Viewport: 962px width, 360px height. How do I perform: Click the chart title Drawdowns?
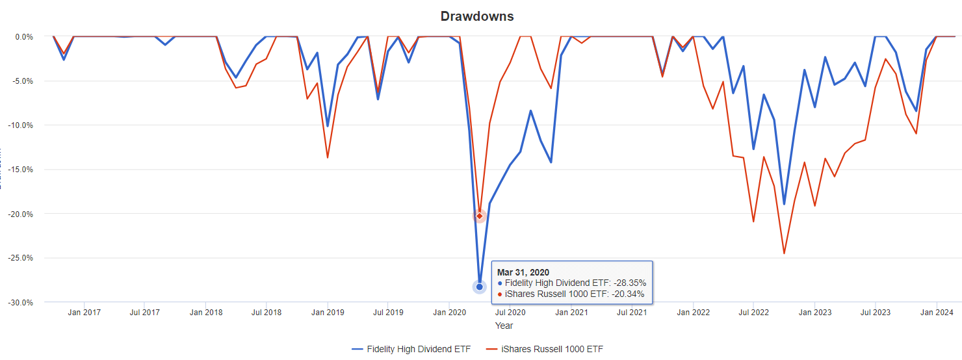[x=477, y=16]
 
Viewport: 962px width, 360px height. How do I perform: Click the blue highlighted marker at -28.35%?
[x=480, y=287]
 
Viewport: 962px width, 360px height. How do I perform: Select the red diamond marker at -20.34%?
[x=480, y=216]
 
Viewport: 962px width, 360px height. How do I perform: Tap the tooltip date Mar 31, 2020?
[x=523, y=272]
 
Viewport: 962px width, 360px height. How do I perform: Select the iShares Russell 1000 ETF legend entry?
[x=544, y=350]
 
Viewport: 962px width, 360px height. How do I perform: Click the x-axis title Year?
[x=504, y=325]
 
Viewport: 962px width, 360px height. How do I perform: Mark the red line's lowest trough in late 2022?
[x=784, y=253]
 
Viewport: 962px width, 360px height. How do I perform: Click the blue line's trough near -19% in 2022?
[x=784, y=205]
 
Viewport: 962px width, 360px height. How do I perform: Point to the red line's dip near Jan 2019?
[x=328, y=158]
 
